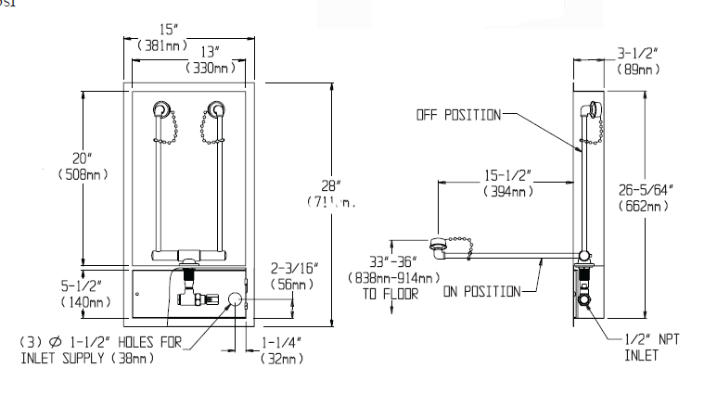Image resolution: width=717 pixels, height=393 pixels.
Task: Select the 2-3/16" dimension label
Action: [292, 271]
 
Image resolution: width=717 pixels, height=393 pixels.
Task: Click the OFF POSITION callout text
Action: [456, 115]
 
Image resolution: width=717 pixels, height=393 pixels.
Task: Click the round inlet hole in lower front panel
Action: [235, 298]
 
